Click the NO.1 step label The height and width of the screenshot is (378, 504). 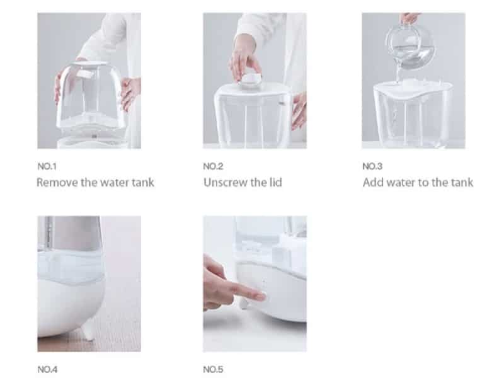47,166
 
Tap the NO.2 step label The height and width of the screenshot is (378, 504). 213,166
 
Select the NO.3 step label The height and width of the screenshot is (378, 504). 372,166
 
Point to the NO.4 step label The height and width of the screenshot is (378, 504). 47,369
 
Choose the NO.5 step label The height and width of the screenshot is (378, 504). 213,369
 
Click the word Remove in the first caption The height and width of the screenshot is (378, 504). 57,183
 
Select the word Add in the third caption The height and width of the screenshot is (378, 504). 373,183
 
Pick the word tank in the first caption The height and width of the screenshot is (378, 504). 143,183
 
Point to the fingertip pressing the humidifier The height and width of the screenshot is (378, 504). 260,296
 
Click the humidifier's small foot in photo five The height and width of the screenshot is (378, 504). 244,303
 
